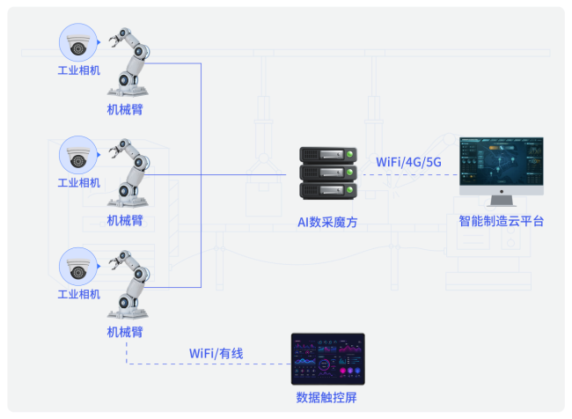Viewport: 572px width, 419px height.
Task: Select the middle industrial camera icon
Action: coord(78,155)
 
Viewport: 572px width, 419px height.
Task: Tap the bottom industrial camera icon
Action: coord(78,267)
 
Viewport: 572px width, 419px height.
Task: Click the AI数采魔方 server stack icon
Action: coord(327,173)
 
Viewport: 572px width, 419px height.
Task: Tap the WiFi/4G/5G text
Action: coord(409,162)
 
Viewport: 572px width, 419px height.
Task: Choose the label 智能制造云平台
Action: coord(501,221)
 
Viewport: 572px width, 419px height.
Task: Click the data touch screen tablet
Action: coord(327,361)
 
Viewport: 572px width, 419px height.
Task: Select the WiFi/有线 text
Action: coord(216,353)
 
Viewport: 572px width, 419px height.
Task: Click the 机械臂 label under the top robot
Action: coord(125,109)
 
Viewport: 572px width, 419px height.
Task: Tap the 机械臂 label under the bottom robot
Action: coord(125,332)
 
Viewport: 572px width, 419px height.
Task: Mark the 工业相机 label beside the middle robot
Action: coord(78,183)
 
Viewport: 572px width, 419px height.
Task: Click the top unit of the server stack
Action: coord(327,156)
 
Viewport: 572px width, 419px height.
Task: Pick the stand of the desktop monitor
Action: coord(502,202)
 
